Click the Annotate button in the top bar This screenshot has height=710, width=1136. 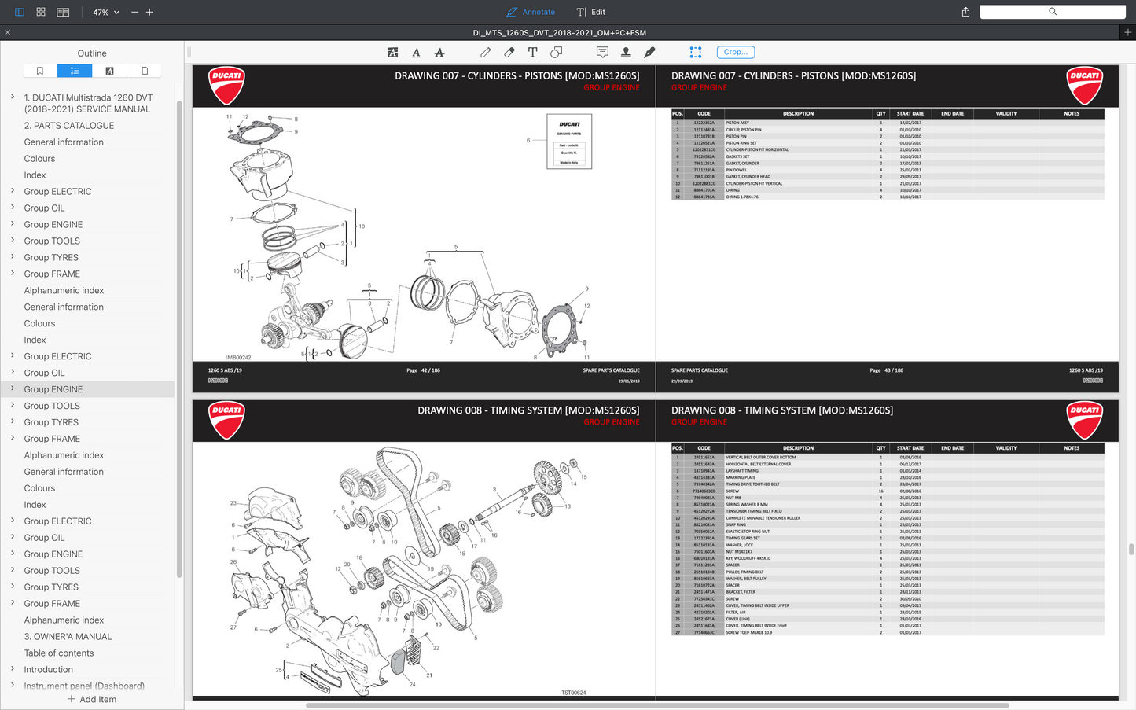point(531,12)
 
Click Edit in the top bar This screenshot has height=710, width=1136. point(591,12)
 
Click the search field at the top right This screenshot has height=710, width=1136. point(1052,12)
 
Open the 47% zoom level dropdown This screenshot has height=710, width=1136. point(106,13)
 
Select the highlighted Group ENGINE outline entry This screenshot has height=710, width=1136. point(53,389)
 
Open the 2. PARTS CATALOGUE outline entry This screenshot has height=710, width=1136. point(69,126)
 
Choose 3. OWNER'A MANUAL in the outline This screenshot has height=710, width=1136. point(68,637)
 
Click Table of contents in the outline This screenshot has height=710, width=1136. point(59,653)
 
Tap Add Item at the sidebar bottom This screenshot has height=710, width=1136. point(92,699)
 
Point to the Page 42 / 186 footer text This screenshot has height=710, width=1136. point(423,370)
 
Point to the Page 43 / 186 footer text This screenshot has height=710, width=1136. point(886,370)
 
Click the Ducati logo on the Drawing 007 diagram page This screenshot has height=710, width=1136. point(226,85)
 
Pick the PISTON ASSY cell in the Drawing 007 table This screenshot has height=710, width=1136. point(737,123)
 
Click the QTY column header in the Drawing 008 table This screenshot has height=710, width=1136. point(880,448)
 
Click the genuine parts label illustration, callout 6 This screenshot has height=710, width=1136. point(569,142)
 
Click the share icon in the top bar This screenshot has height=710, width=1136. point(965,12)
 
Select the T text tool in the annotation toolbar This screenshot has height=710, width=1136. point(532,52)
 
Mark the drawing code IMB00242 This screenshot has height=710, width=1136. point(238,357)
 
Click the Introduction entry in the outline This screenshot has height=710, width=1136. point(49,670)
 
